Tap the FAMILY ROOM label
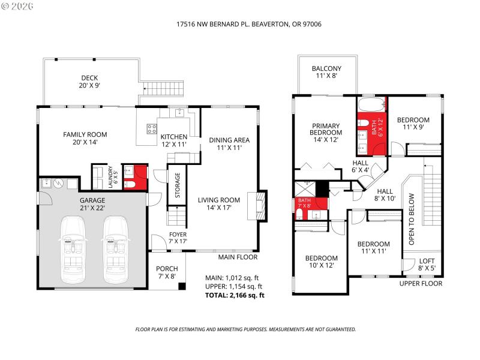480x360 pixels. pos(80,138)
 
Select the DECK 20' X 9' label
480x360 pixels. pos(90,82)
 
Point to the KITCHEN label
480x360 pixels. pos(173,140)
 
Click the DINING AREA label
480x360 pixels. pos(229,144)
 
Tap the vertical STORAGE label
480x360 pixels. pos(178,185)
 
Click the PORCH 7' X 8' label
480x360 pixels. pos(167,272)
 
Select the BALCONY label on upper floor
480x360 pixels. pos(326,72)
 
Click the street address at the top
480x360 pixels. pos(240,25)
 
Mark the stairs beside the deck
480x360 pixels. pos(163,91)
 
